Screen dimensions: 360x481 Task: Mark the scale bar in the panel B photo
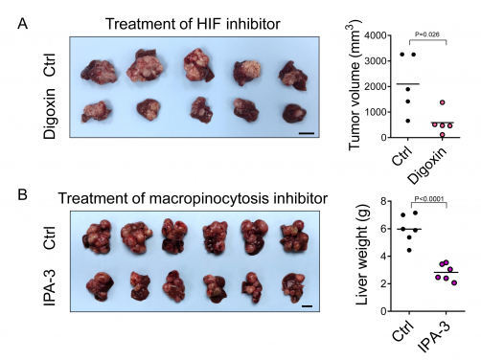point(309,306)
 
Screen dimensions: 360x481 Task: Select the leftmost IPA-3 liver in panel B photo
point(96,286)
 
